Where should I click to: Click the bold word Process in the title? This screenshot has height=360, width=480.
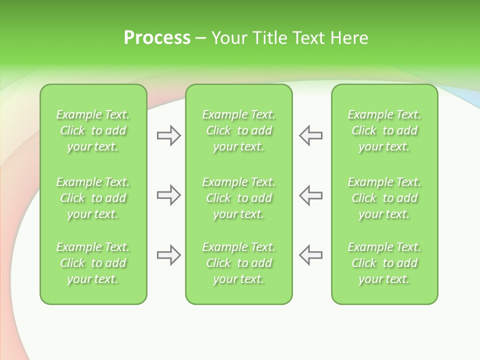pyautogui.click(x=157, y=38)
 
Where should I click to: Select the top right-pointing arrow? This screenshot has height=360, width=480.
pyautogui.click(x=168, y=135)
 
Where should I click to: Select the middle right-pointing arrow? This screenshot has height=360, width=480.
pyautogui.click(x=168, y=195)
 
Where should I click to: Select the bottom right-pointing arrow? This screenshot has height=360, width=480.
pyautogui.click(x=168, y=255)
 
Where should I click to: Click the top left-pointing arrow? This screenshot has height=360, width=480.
pyautogui.click(x=310, y=135)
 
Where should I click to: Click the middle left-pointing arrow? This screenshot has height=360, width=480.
pyautogui.click(x=310, y=195)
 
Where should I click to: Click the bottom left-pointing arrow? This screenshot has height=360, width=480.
pyautogui.click(x=310, y=255)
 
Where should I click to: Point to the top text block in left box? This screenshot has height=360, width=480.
pyautogui.click(x=93, y=130)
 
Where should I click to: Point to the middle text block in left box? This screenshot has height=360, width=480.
pyautogui.click(x=93, y=198)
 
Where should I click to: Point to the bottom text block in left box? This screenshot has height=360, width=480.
pyautogui.click(x=93, y=263)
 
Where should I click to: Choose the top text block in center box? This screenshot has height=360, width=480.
pyautogui.click(x=239, y=130)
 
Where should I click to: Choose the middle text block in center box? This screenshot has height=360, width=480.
pyautogui.click(x=239, y=198)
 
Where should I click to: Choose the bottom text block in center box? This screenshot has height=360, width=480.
pyautogui.click(x=239, y=263)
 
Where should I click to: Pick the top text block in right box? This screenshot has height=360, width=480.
pyautogui.click(x=384, y=130)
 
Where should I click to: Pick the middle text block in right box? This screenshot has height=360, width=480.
pyautogui.click(x=384, y=198)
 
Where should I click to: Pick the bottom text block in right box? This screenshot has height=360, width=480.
pyautogui.click(x=384, y=263)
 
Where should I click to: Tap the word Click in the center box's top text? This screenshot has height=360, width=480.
pyautogui.click(x=218, y=131)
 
